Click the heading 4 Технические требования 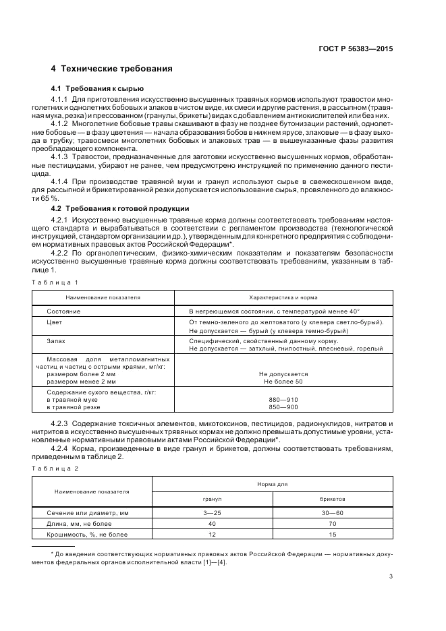coord(111,69)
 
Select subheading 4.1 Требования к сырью coord(97,89)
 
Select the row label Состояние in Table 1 coord(63,311)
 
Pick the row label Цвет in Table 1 coord(54,322)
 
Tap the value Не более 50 coord(283,382)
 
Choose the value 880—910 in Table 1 coord(283,400)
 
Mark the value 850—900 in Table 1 coord(283,408)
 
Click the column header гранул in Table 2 coord(213,499)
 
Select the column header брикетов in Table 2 coord(332,499)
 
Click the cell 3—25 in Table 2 coord(213,513)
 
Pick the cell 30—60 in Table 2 coord(332,513)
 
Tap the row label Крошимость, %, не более coord(86,535)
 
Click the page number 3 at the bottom coord(391,576)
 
